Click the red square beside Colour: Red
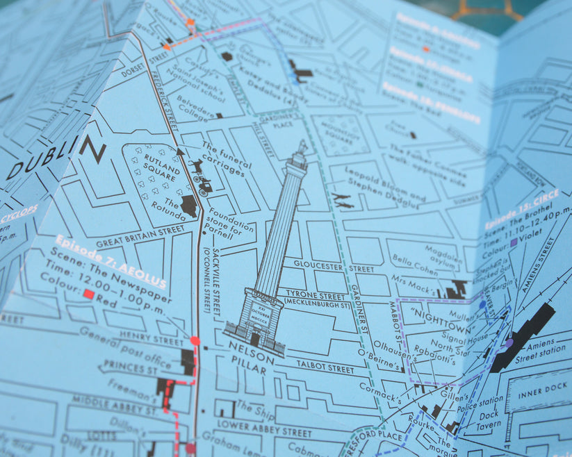pos(88,294)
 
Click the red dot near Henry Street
pos(195,340)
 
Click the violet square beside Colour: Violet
pos(514,243)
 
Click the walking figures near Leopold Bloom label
pos(342,201)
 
